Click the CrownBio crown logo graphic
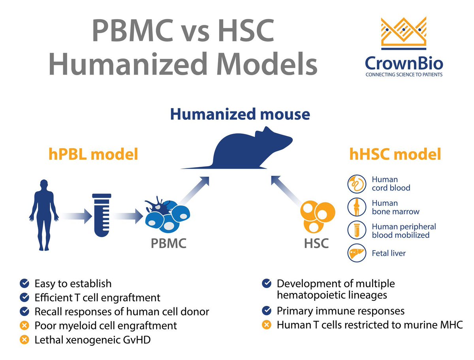pos(404,35)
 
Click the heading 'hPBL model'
pos(93,155)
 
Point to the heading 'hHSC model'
pos(395,155)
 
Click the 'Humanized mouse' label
pos(240,114)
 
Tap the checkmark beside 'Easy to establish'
pos(24,283)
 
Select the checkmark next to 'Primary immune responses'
pos(267,311)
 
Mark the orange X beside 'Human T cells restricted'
pos(267,325)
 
